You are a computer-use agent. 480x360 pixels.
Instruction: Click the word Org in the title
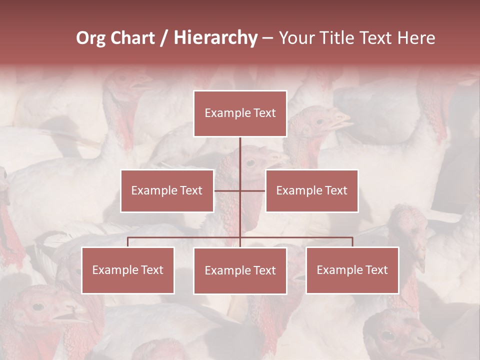(90, 38)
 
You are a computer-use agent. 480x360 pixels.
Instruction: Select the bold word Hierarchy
(215, 38)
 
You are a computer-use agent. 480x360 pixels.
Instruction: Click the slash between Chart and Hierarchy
(164, 38)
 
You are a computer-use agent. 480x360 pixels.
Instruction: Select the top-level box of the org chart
(240, 113)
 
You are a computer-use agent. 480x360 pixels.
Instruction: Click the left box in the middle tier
(167, 190)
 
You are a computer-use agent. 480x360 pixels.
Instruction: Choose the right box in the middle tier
(311, 190)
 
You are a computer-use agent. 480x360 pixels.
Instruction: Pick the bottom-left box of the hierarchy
(128, 270)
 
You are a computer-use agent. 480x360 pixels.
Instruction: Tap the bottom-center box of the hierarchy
(240, 270)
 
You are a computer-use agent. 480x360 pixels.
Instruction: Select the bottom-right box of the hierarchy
(352, 270)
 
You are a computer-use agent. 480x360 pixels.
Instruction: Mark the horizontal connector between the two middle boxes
(240, 190)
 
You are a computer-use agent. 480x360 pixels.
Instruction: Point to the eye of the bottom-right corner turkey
(386, 334)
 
